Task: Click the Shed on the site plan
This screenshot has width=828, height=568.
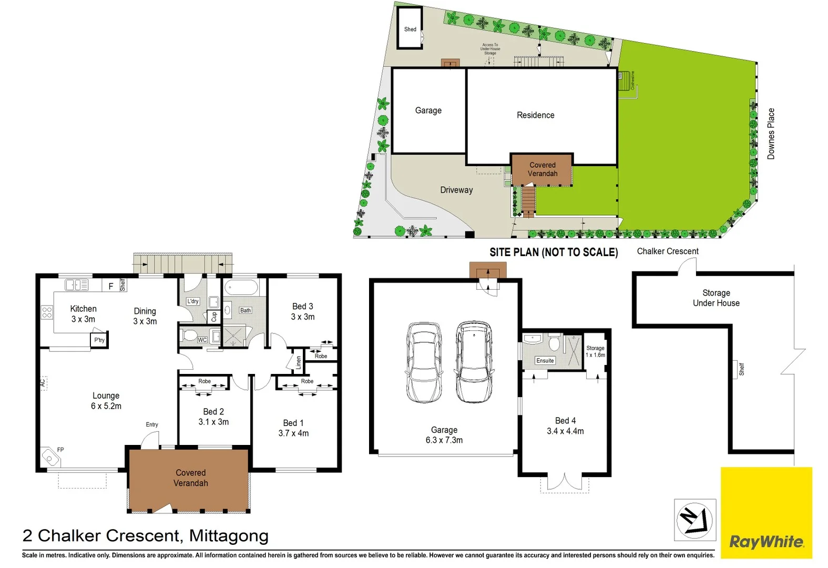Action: coord(410,29)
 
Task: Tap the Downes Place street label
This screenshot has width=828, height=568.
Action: coord(771,134)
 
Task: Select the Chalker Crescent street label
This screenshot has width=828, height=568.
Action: coord(668,251)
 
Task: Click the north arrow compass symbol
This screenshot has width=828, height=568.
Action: coord(694,520)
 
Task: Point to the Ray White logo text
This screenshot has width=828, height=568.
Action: coord(766,542)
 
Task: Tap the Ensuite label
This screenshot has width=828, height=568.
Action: coord(545,361)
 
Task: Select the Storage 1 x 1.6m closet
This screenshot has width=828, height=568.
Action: coord(595,351)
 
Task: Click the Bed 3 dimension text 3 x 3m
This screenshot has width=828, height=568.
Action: coord(303,317)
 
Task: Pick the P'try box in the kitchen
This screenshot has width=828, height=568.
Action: coord(99,340)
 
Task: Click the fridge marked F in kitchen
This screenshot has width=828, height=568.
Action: coord(111,286)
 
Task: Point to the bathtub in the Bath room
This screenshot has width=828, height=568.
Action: coord(240,288)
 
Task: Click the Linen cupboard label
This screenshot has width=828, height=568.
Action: coord(298,362)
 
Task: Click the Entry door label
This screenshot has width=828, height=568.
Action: coord(152,424)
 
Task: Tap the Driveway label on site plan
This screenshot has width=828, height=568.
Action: coord(456,190)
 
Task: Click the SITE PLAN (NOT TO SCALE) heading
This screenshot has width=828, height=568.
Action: coord(553,252)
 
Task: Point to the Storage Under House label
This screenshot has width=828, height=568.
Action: coord(716,298)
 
